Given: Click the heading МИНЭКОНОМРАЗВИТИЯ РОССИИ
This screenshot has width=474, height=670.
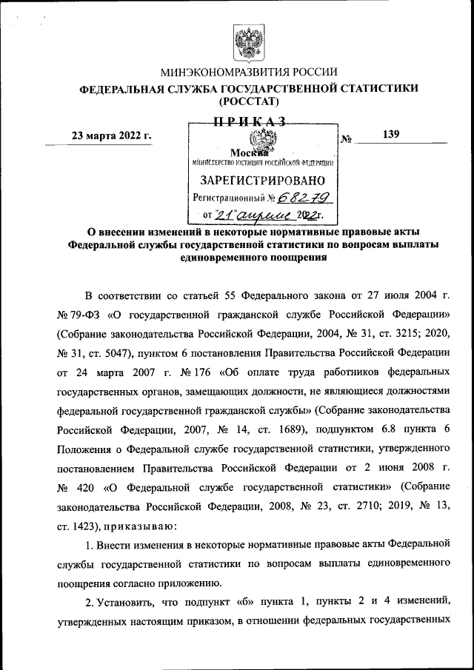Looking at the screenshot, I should click(250, 72).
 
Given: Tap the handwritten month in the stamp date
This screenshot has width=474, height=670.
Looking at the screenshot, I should click(264, 215).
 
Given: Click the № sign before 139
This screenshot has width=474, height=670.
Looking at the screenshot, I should click(346, 138).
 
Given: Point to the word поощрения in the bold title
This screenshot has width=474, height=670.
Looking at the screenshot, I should click(287, 258).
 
